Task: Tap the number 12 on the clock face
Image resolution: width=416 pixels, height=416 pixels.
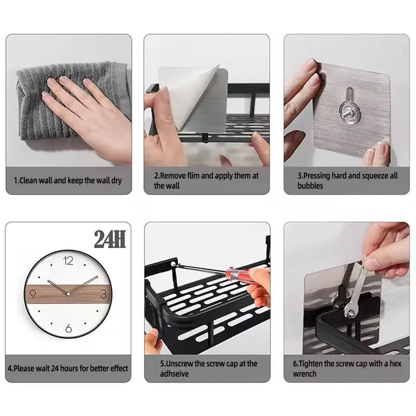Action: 68,261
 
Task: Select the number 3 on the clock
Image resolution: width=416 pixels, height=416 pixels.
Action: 103,294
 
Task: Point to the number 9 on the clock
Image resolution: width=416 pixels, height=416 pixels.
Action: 33,294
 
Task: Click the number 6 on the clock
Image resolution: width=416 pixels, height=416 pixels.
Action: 68,327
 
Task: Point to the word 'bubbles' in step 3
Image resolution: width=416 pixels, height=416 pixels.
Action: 310,186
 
